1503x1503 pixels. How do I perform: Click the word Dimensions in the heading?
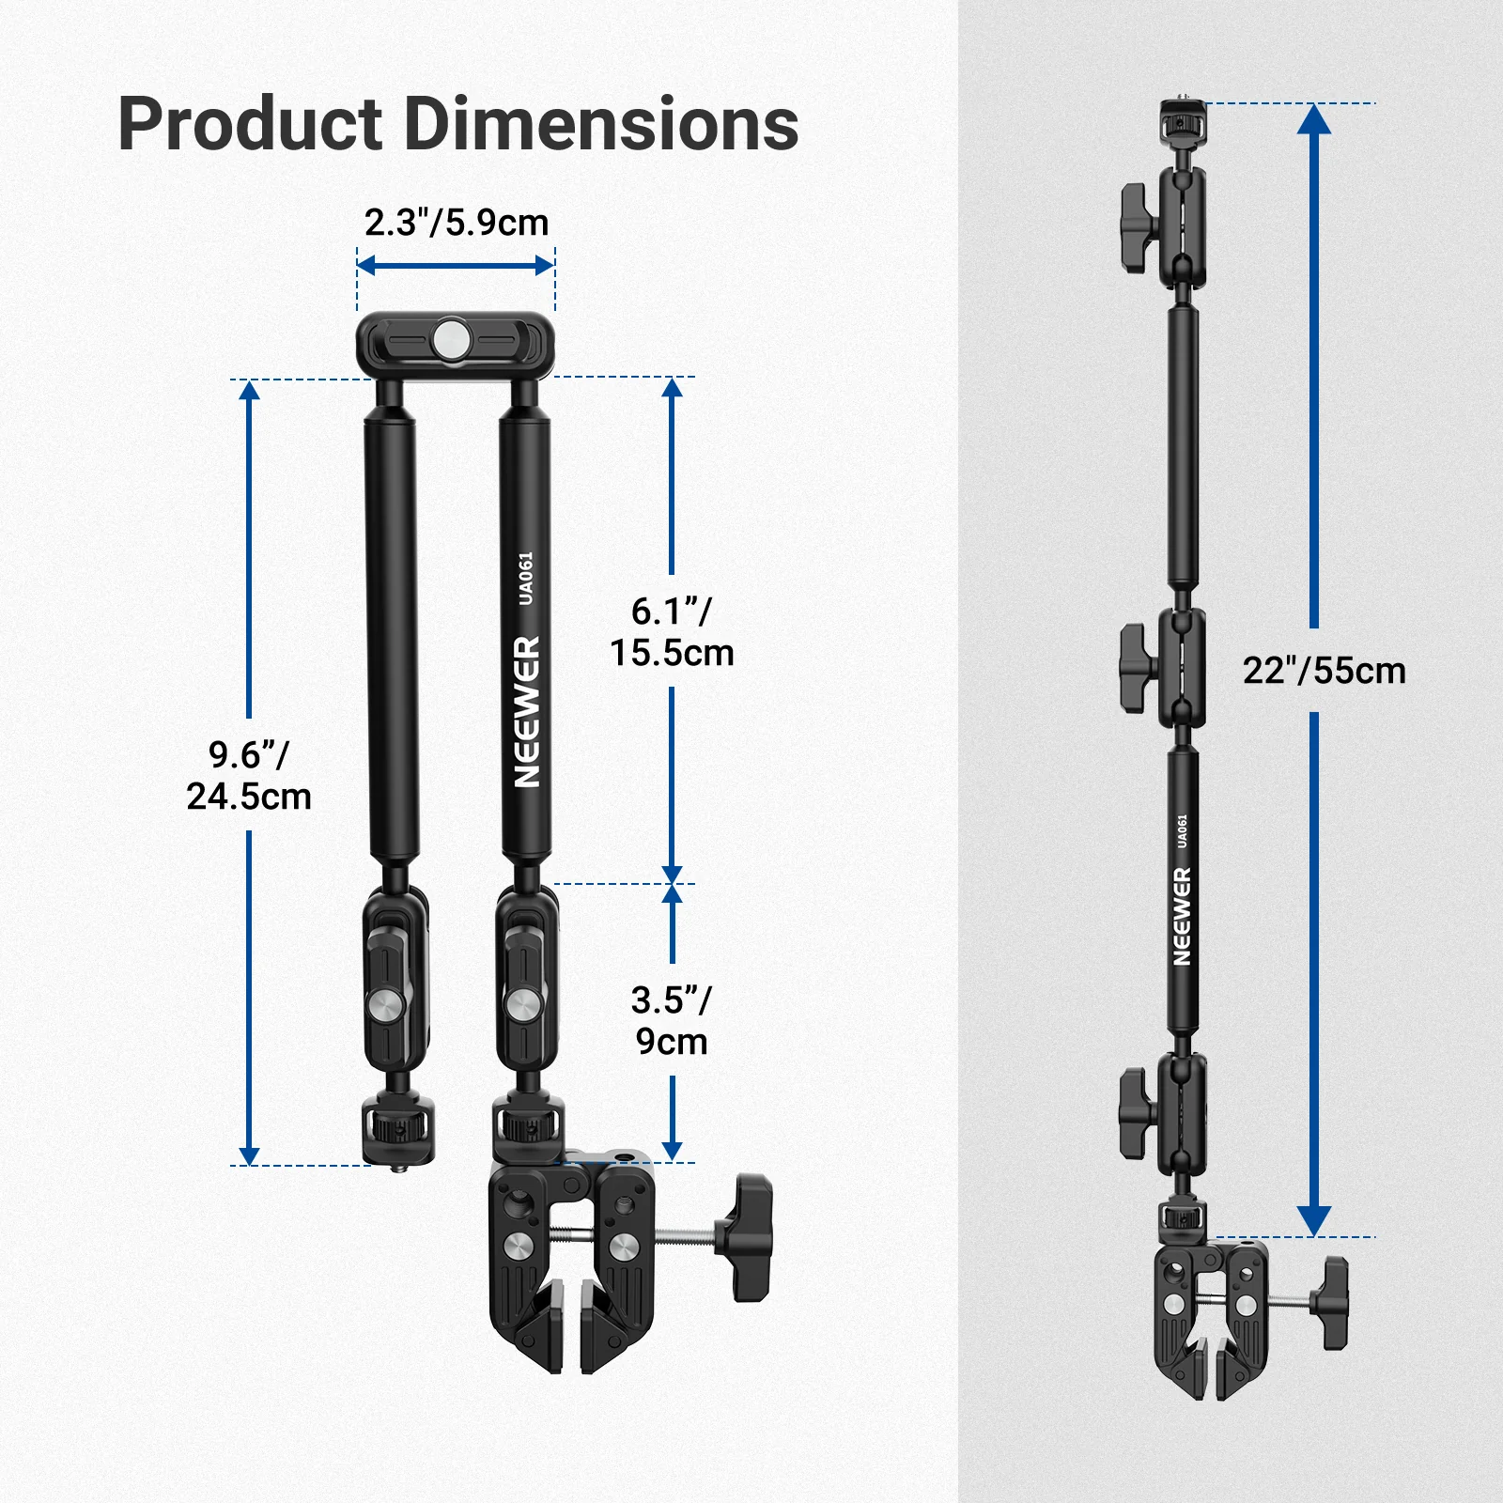click(x=601, y=125)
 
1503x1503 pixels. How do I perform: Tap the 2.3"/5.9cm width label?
click(x=457, y=224)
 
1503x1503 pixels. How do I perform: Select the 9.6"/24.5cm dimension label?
click(x=249, y=775)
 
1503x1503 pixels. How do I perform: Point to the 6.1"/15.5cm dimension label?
click(x=672, y=632)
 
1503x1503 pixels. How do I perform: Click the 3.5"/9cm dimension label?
click(x=672, y=1020)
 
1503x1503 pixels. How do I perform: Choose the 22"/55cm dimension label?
click(x=1324, y=671)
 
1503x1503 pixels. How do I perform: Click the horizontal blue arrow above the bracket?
click(x=456, y=266)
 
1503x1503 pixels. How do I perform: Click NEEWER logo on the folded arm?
click(x=527, y=711)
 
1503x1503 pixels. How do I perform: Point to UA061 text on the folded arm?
click(x=526, y=578)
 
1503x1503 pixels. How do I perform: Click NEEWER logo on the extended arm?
click(x=1182, y=916)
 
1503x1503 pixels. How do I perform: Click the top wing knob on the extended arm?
click(x=1139, y=227)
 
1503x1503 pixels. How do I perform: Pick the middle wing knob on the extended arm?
click(x=1139, y=669)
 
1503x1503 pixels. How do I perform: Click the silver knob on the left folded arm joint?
click(x=386, y=1007)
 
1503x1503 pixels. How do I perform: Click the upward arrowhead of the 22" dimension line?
click(x=1313, y=118)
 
